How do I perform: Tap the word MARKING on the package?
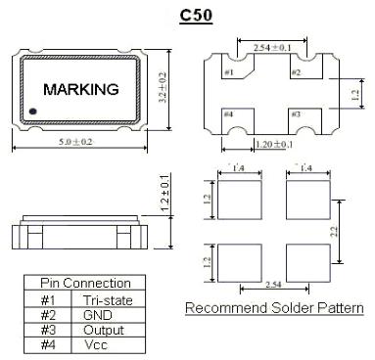click(x=81, y=89)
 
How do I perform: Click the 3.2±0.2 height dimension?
click(x=163, y=88)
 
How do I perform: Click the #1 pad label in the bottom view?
click(x=228, y=73)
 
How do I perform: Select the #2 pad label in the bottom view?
click(x=296, y=73)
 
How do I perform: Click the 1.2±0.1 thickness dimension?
click(x=163, y=196)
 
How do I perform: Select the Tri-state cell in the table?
click(x=109, y=300)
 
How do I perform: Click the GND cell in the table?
click(x=99, y=316)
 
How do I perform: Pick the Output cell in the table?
click(x=103, y=331)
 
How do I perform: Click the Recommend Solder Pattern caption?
click(x=275, y=308)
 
